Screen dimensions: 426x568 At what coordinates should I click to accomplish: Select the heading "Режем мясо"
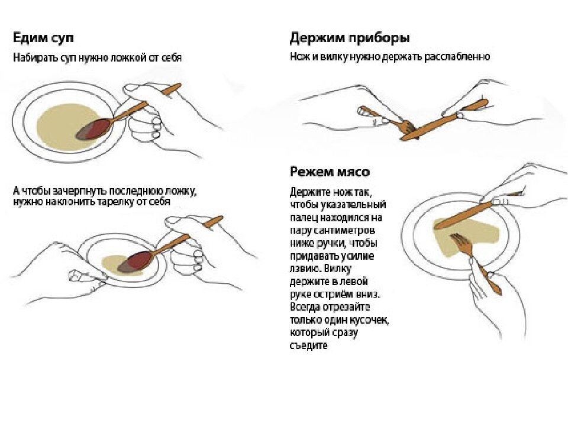[330, 172]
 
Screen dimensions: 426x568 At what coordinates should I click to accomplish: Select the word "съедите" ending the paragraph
[308, 346]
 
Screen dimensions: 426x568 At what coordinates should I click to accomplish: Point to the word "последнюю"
[131, 192]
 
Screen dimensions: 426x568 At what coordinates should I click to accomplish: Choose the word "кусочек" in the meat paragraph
[368, 320]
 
